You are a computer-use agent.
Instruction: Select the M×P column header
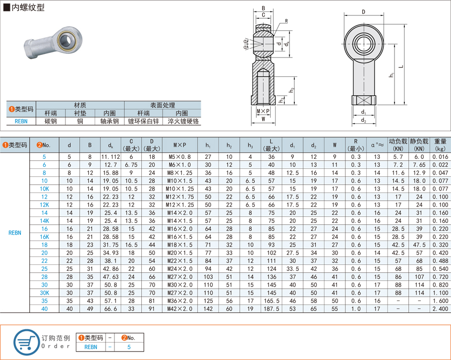(x=180, y=145)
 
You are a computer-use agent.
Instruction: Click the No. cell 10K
(x=44, y=189)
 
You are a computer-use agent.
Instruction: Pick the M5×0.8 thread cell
(x=180, y=156)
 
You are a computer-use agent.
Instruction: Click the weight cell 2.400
(x=440, y=309)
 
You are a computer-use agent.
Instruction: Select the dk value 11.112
(x=111, y=156)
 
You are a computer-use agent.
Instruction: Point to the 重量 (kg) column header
(x=440, y=145)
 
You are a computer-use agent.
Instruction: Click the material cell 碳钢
(x=51, y=121)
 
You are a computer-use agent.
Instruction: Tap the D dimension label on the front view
(x=363, y=12)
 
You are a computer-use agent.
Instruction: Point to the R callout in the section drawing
(x=286, y=21)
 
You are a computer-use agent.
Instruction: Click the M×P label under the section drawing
(x=263, y=111)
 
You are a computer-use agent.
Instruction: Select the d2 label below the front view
(x=363, y=120)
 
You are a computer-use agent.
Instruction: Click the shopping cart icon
(x=25, y=342)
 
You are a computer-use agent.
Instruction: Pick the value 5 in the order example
(x=129, y=347)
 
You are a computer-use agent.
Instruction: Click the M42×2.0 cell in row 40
(x=180, y=309)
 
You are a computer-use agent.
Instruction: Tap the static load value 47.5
(x=419, y=245)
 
